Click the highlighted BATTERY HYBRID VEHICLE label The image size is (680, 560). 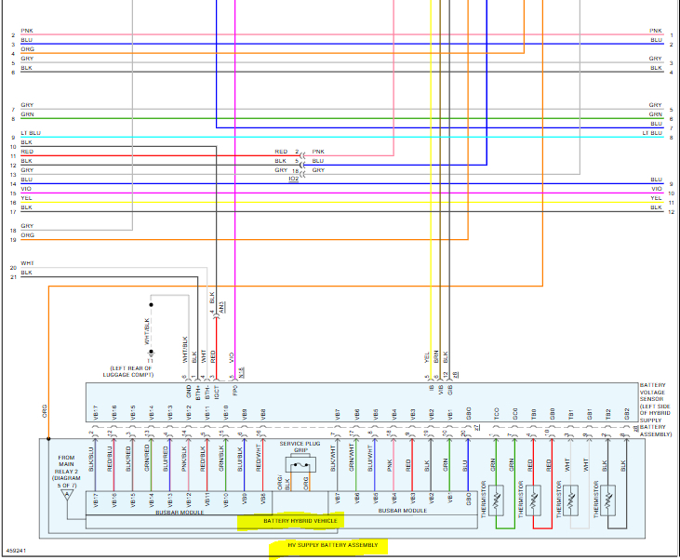point(300,521)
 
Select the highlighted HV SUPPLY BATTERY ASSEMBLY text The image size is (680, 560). point(327,545)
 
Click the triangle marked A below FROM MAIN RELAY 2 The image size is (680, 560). point(65,495)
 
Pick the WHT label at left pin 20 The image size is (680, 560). point(27,263)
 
